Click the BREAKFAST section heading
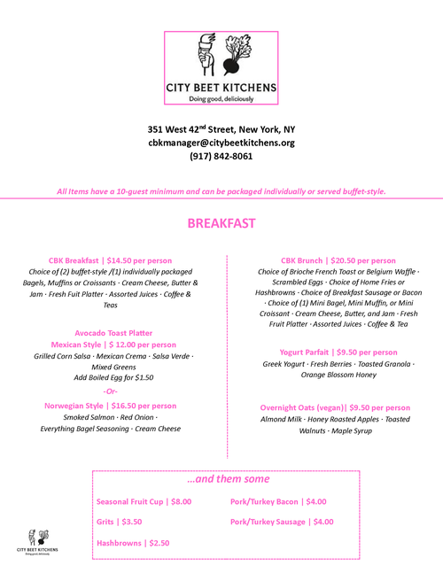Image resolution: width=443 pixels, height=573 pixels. click(x=221, y=223)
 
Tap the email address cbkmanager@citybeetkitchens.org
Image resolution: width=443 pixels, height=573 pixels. click(x=221, y=142)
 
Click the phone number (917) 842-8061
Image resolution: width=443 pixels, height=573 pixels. click(x=221, y=156)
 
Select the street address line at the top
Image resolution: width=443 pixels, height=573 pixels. click(x=221, y=128)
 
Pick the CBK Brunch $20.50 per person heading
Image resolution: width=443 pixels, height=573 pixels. click(x=338, y=260)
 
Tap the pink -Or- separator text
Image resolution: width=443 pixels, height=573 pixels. click(x=110, y=391)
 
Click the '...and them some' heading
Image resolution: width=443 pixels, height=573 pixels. click(x=228, y=479)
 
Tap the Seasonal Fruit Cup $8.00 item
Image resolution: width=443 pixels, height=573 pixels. click(x=144, y=501)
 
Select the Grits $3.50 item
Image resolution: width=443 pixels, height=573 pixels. click(x=119, y=522)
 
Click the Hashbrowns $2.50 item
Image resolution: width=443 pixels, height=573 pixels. click(x=133, y=543)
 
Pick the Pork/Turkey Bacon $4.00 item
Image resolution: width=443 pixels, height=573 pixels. click(x=278, y=501)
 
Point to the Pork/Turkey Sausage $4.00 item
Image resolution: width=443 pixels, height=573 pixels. click(x=282, y=522)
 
